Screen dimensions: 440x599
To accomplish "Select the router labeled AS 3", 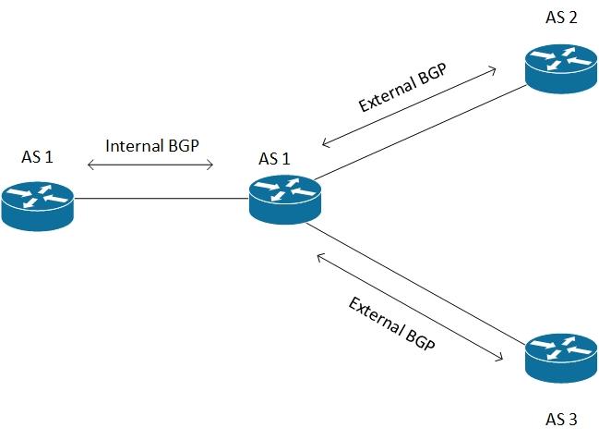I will click(x=561, y=361).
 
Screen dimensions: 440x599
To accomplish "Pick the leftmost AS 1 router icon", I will click(x=37, y=205).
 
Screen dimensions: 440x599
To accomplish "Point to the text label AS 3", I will click(x=560, y=419).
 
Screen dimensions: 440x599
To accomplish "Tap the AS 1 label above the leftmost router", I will click(x=37, y=157).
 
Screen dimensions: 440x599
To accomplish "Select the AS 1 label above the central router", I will click(x=275, y=158).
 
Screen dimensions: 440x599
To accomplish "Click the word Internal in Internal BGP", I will click(x=136, y=146).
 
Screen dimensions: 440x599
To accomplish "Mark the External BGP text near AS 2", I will click(x=402, y=89).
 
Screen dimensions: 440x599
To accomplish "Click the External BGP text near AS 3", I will click(x=392, y=328).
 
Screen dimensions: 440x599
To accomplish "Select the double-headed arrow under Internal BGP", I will click(x=150, y=166).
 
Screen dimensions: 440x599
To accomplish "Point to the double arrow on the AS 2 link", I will click(x=411, y=106).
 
